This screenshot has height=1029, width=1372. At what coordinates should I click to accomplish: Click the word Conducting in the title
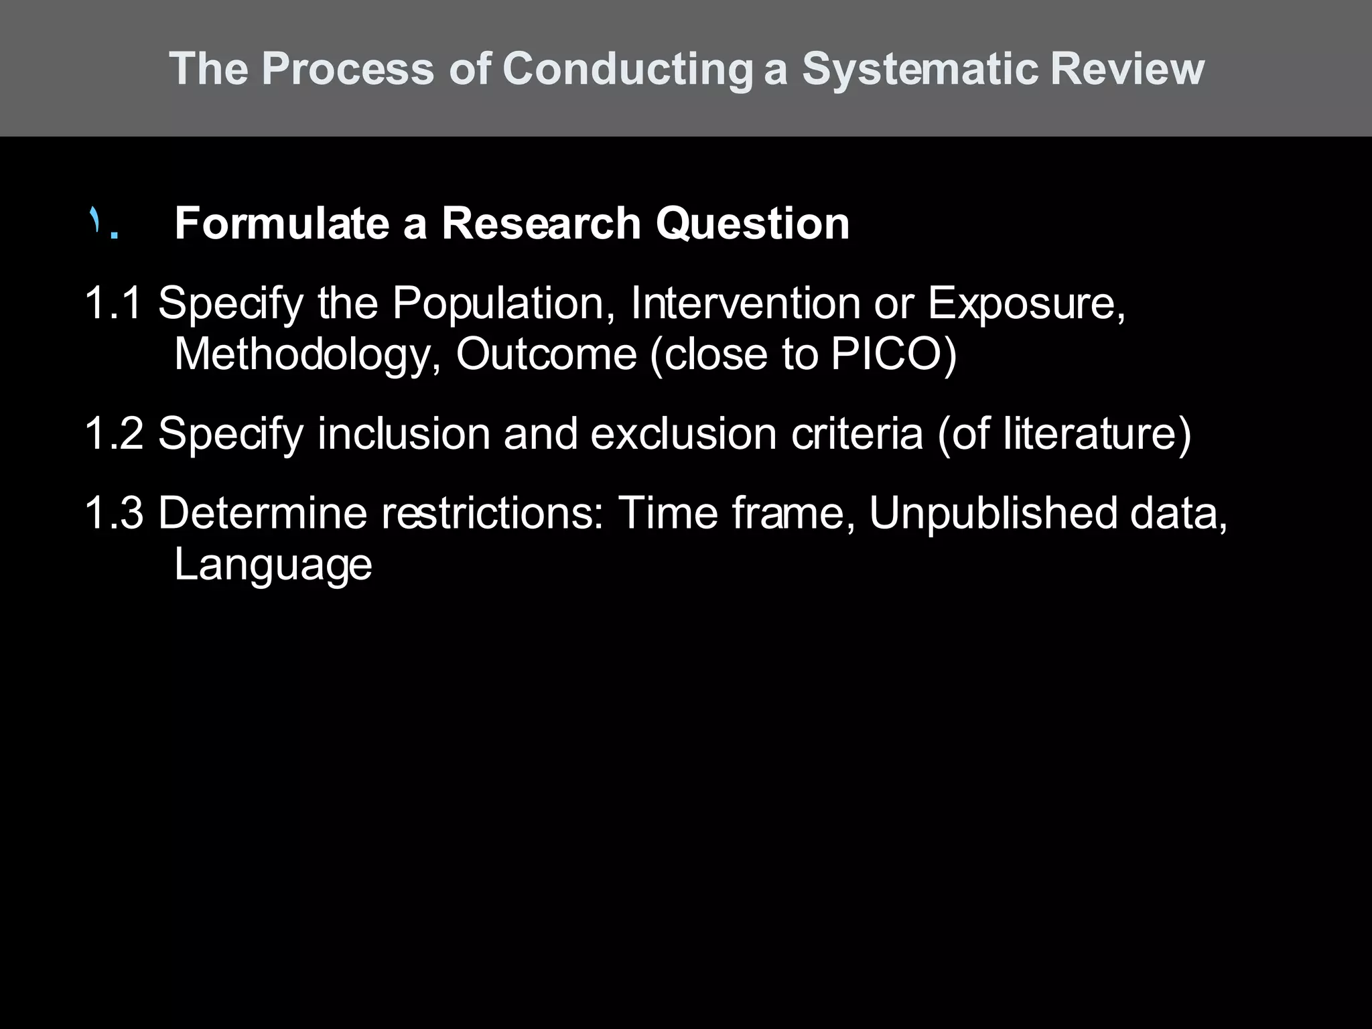[x=627, y=69]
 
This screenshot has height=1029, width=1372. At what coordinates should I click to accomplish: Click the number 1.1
[x=113, y=303]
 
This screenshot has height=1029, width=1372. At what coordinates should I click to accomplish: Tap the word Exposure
[x=1026, y=303]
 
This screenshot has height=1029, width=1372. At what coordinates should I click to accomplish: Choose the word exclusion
[x=683, y=433]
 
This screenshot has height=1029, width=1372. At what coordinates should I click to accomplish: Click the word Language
[x=273, y=565]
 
